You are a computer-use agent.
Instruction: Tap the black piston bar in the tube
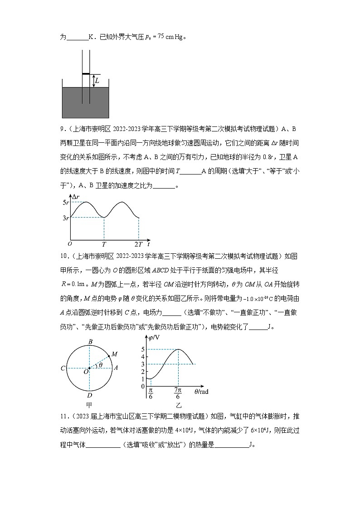pyautogui.click(x=86, y=73)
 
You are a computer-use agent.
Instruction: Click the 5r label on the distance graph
pyautogui.click(x=65, y=202)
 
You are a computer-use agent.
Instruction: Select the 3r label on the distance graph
pyautogui.click(x=65, y=218)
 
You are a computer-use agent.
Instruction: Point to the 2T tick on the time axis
pyautogui.click(x=138, y=244)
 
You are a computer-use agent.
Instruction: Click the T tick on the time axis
pyautogui.click(x=104, y=244)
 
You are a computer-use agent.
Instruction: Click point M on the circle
pyautogui.click(x=114, y=354)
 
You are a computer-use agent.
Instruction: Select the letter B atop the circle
pyautogui.click(x=90, y=342)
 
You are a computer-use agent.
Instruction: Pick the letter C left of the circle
pyautogui.click(x=63, y=368)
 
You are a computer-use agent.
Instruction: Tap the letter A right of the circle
pyautogui.click(x=116, y=368)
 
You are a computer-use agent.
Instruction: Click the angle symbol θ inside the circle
pyautogui.click(x=100, y=364)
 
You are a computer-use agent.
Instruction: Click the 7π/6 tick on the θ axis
pyautogui.click(x=178, y=393)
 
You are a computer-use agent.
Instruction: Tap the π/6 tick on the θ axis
pyautogui.click(x=151, y=393)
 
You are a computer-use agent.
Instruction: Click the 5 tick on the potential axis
pyautogui.click(x=142, y=349)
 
